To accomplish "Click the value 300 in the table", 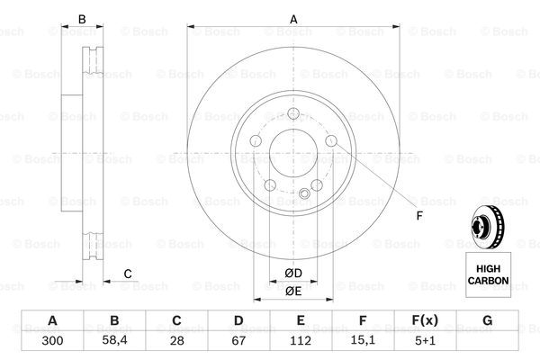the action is tap(52, 341).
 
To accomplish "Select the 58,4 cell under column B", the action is tap(114, 340).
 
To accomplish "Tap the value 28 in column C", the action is tap(176, 341).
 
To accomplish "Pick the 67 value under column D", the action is tap(238, 341).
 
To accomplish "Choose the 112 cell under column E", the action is tap(301, 341).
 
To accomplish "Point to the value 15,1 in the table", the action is tap(363, 340).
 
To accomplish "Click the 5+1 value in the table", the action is tap(425, 341).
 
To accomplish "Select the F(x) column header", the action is tap(425, 320).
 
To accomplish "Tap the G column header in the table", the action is tap(487, 320).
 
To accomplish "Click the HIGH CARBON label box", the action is tap(489, 274).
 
